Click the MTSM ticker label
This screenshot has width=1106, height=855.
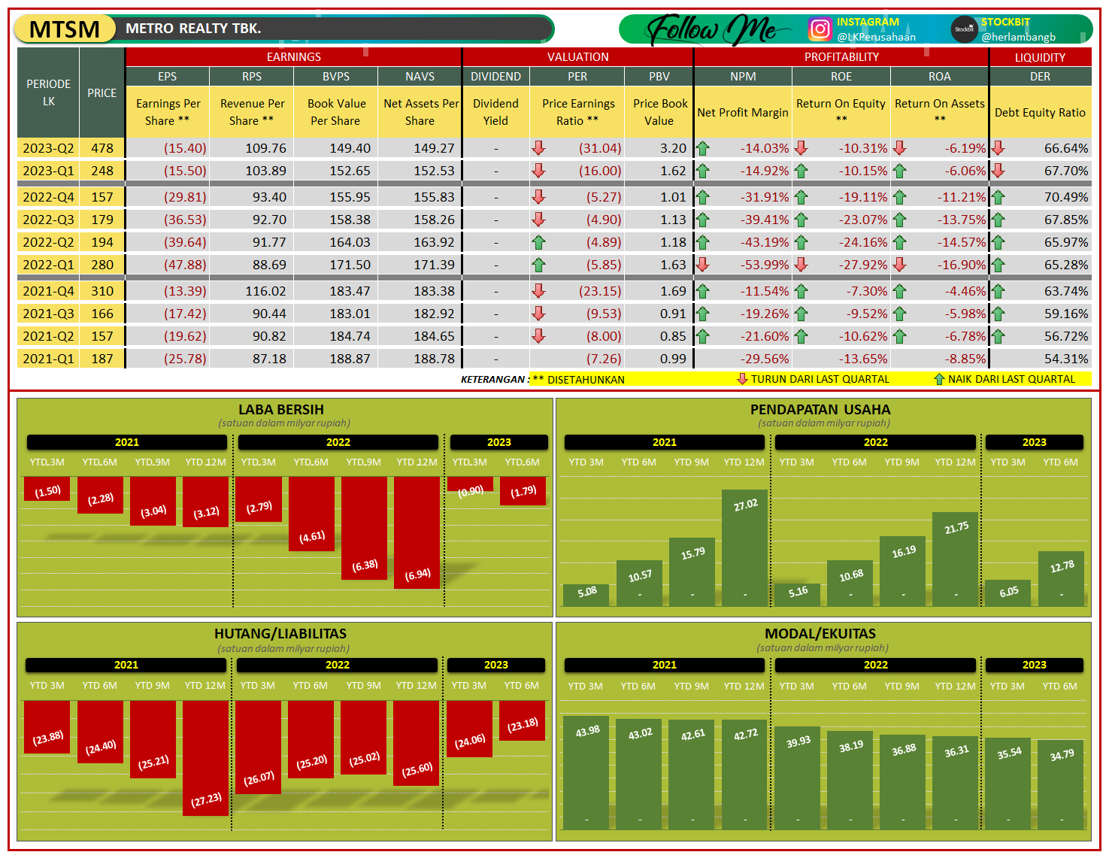pyautogui.click(x=65, y=29)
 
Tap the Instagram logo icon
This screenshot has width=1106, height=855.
pyautogui.click(x=820, y=29)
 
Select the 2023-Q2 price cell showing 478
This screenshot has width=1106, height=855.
pyautogui.click(x=102, y=148)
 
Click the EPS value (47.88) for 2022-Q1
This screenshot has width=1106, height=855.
pyautogui.click(x=185, y=265)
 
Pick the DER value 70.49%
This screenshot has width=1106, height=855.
pyautogui.click(x=1065, y=197)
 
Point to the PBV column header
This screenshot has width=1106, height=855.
pyautogui.click(x=659, y=77)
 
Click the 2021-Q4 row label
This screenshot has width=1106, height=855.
pyautogui.click(x=48, y=291)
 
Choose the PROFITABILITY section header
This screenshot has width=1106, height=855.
pyautogui.click(x=841, y=57)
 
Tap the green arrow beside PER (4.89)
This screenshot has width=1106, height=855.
pyautogui.click(x=538, y=242)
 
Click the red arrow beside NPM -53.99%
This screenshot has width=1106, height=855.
pyautogui.click(x=703, y=265)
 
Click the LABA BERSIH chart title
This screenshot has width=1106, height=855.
pyautogui.click(x=281, y=410)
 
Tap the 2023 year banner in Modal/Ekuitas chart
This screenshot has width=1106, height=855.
pyautogui.click(x=1034, y=665)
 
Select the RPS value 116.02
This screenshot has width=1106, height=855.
pyautogui.click(x=265, y=291)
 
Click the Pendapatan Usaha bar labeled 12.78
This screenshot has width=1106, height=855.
pyautogui.click(x=1061, y=578)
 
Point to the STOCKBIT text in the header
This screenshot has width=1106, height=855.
pyautogui.click(x=1005, y=22)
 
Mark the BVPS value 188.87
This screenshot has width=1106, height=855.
pyautogui.click(x=350, y=359)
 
